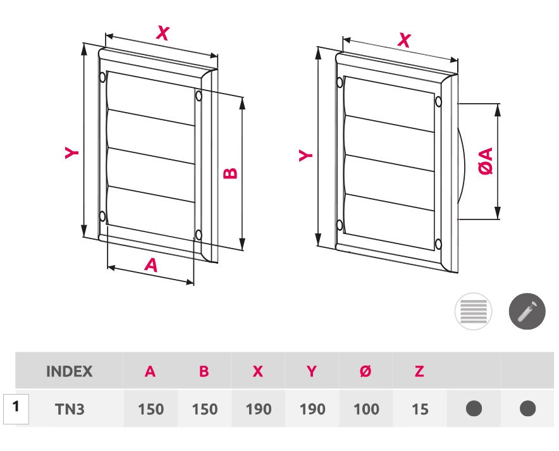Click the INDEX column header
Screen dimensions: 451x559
pyautogui.click(x=69, y=371)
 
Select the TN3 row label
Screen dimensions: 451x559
pyautogui.click(x=69, y=409)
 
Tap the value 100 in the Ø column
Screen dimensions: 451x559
pyautogui.click(x=366, y=409)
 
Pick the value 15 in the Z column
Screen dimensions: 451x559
pyautogui.click(x=419, y=409)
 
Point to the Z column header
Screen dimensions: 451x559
pyautogui.click(x=419, y=371)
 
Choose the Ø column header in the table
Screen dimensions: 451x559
pyautogui.click(x=365, y=371)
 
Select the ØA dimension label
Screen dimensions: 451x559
pyautogui.click(x=486, y=160)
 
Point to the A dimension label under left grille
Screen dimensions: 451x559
pyautogui.click(x=150, y=264)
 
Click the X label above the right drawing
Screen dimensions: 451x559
pyautogui.click(x=404, y=40)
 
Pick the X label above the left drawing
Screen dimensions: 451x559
pyautogui.click(x=163, y=33)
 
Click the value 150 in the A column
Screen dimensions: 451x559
pyautogui.click(x=150, y=409)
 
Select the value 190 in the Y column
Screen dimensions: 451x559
pyautogui.click(x=312, y=409)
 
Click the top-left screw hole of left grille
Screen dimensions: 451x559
pyautogui.click(x=102, y=78)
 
